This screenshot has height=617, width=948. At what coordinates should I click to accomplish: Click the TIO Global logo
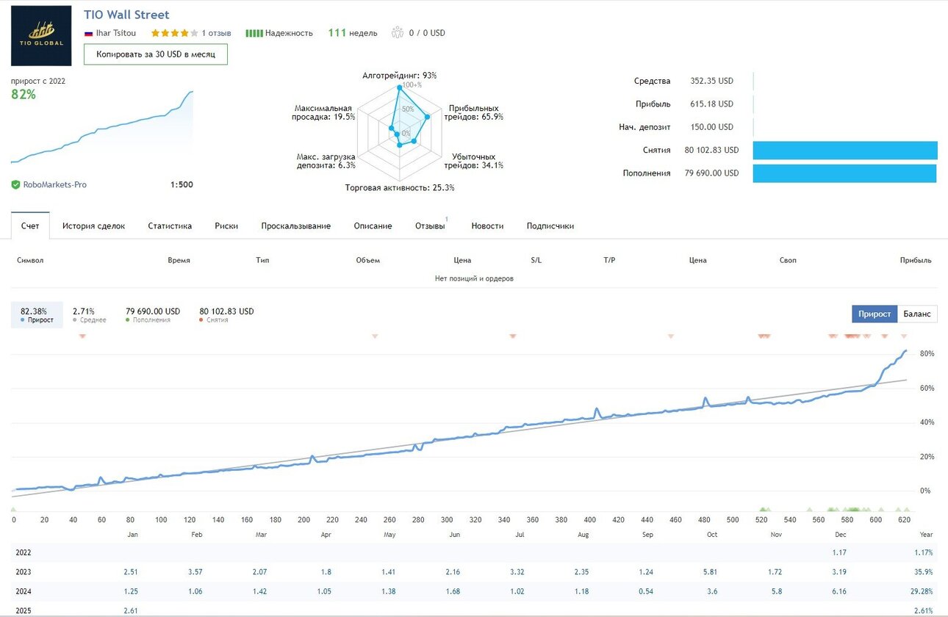[x=41, y=35]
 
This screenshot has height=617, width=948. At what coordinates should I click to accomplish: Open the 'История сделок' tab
[x=93, y=225]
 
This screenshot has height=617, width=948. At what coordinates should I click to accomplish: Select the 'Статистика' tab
[x=170, y=225]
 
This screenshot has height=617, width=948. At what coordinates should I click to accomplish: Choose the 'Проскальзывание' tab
[x=296, y=225]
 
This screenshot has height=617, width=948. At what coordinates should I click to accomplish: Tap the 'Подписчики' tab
[x=550, y=225]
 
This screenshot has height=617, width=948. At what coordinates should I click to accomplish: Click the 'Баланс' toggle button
[x=916, y=314]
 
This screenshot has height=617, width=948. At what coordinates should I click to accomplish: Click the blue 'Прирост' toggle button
[x=875, y=314]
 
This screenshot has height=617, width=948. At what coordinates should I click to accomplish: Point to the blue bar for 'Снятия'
[x=844, y=150]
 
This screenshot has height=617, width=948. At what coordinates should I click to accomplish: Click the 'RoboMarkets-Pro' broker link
[x=54, y=184]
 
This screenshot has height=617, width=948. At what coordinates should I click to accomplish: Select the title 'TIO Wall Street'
[x=126, y=15]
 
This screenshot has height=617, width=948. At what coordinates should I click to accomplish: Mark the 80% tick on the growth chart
[x=927, y=353]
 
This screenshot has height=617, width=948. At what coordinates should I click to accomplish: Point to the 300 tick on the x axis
[x=447, y=520]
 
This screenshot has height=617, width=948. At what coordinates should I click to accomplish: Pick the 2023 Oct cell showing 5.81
[x=710, y=571]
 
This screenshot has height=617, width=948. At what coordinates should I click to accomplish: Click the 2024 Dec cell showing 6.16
[x=839, y=591]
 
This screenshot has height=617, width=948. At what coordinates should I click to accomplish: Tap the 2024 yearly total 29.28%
[x=922, y=591]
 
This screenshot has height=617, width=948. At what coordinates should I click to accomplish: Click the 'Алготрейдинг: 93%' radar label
[x=399, y=76]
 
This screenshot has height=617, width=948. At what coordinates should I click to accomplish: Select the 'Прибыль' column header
[x=916, y=260]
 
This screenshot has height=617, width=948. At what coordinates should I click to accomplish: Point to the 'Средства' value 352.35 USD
[x=711, y=81]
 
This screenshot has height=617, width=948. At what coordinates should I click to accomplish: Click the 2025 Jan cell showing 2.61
[x=130, y=610]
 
